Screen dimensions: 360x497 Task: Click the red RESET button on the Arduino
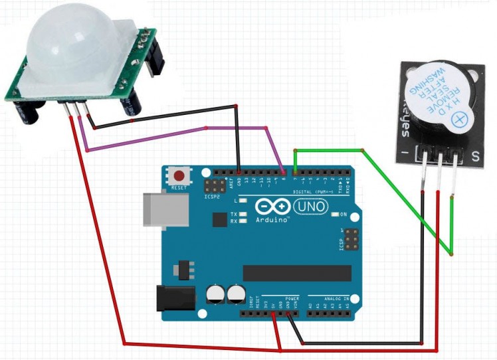click(x=179, y=176)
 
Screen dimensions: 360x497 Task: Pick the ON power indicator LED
click(x=336, y=215)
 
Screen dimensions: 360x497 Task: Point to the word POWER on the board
click(x=292, y=298)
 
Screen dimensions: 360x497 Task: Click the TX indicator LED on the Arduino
click(x=243, y=214)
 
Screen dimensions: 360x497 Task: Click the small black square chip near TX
click(x=219, y=220)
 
